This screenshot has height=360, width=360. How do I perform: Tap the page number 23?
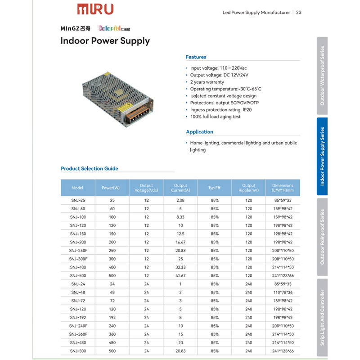(299, 13)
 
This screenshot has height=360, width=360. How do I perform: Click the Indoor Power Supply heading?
(105, 41)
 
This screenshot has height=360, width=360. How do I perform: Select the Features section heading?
(196, 57)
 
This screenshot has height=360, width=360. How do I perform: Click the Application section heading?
(199, 132)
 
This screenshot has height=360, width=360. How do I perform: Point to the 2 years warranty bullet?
(207, 82)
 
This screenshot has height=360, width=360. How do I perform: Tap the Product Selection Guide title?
(89, 169)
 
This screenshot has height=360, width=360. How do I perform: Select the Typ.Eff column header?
(214, 188)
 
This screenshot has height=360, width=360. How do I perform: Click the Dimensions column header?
(283, 188)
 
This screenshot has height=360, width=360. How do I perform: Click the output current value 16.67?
(180, 242)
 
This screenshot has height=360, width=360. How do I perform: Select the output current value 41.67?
(180, 276)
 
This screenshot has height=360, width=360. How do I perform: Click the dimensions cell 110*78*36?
(283, 292)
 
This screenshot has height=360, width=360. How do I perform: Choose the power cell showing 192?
(112, 318)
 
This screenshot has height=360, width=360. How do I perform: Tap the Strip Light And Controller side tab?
(322, 317)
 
